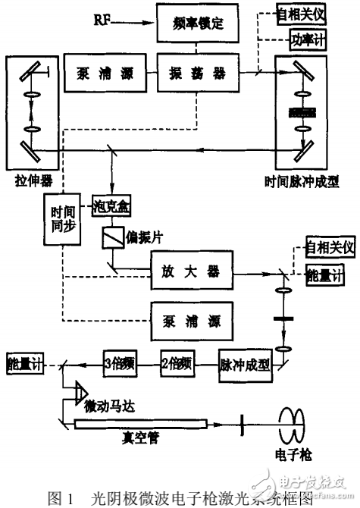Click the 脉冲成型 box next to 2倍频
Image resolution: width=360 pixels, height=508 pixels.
click(x=244, y=362)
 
